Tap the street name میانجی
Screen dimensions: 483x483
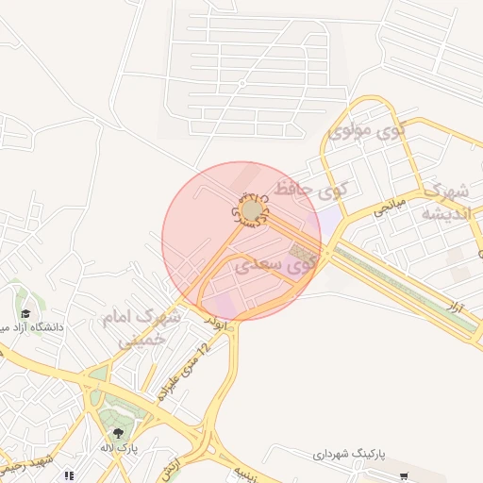pyautogui.click(x=389, y=204)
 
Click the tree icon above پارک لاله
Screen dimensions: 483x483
pyautogui.click(x=117, y=433)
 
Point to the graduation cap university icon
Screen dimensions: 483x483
pyautogui.click(x=25, y=312)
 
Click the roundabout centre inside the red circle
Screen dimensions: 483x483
pyautogui.click(x=253, y=208)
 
